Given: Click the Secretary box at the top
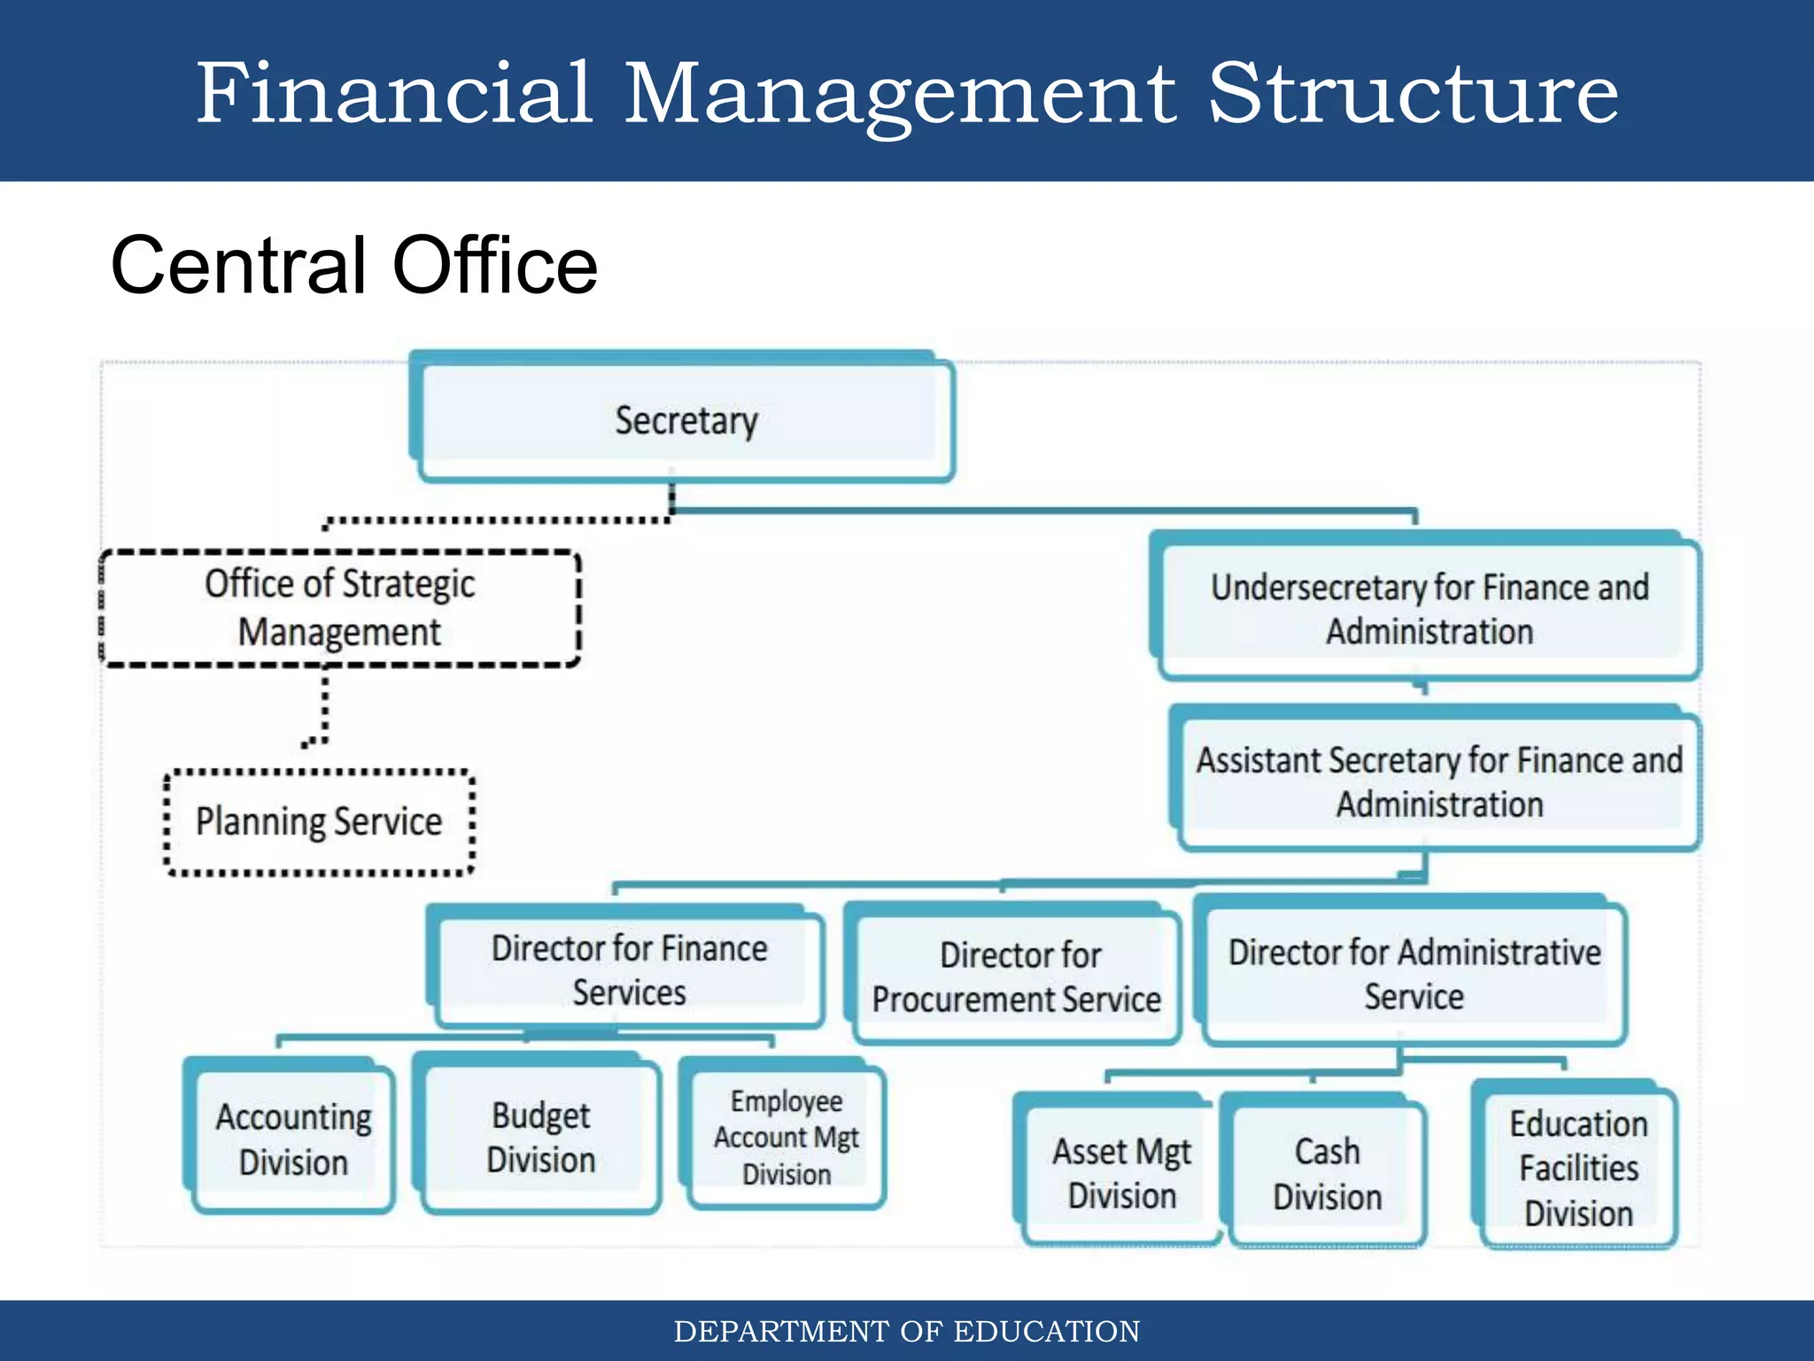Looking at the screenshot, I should tap(686, 420).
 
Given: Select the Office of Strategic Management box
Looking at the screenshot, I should tap(340, 608).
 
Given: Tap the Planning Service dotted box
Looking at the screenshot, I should tap(319, 821).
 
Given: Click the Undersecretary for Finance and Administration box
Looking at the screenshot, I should tap(1430, 609).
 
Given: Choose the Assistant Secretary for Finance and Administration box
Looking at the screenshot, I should tap(1439, 782).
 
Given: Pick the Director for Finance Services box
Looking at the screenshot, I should tap(629, 969).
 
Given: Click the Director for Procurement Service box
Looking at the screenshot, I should tap(1017, 976).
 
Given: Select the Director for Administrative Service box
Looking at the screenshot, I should tap(1415, 974).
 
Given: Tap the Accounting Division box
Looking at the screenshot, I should tap(293, 1139).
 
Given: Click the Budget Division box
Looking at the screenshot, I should tap(541, 1137).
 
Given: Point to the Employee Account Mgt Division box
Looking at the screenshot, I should tap(787, 1138).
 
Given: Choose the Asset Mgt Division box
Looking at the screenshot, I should tap(1121, 1172).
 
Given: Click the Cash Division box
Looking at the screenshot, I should tap(1327, 1173).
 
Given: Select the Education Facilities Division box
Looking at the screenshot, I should tap(1578, 1168).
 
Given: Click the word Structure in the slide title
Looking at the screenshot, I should tap(1414, 92).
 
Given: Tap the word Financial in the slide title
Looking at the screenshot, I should tap(393, 92).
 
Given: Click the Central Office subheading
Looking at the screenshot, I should tap(354, 265).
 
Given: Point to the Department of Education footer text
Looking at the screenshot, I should tap(907, 1331).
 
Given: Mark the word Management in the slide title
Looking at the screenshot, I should tap(900, 94).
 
